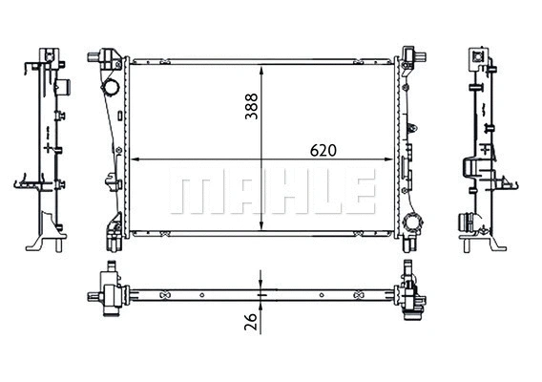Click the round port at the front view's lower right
point(412,225)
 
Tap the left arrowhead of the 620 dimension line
point(133,160)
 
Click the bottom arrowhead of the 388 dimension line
point(261,232)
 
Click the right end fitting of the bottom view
point(413,296)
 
